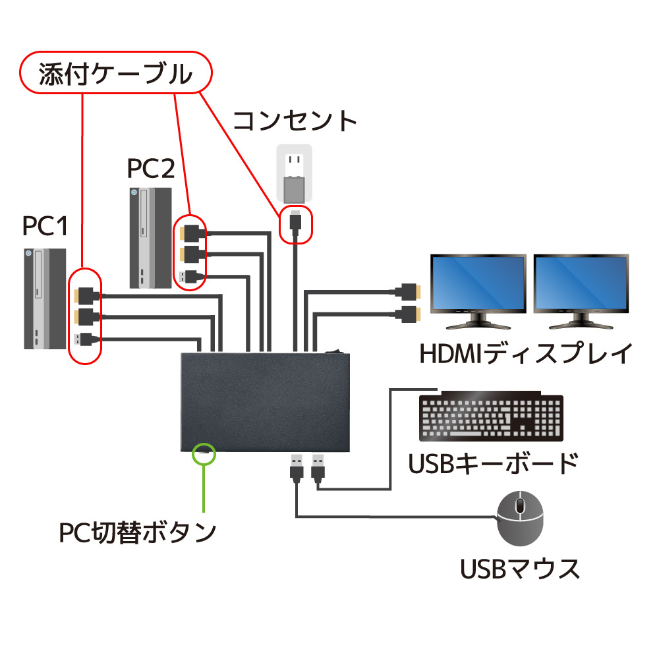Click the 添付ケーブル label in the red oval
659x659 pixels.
coord(116,72)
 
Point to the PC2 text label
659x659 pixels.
coord(151,169)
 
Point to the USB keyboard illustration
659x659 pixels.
coord(491,418)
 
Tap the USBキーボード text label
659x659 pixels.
coord(493,463)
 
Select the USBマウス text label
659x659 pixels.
coord(520,568)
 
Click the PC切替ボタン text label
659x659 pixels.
coord(137,531)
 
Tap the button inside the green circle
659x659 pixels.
coord(204,453)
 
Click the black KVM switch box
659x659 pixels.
coord(266,402)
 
